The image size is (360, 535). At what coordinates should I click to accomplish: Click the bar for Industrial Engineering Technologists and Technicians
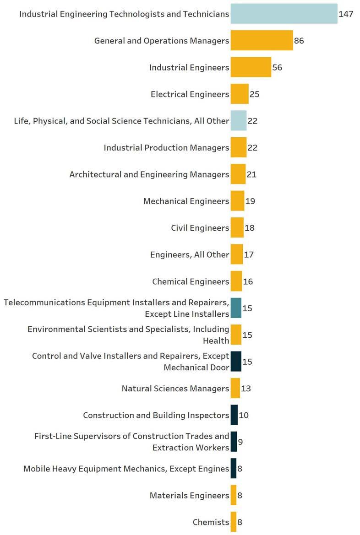click(284, 14)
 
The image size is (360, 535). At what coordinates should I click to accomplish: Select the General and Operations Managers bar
click(262, 41)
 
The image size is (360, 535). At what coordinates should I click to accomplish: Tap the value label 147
click(346, 14)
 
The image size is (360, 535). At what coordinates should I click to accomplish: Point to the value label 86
click(299, 41)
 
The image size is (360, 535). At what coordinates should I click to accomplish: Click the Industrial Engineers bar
click(251, 67)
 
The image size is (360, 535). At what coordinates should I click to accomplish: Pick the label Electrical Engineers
click(190, 94)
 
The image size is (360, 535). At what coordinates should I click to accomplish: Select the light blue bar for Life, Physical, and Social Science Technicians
click(238, 121)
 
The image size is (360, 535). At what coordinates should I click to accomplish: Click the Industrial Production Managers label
click(166, 148)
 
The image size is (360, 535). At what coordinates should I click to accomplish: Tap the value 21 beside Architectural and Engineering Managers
click(251, 174)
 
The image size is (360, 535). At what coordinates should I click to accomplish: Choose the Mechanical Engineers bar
click(237, 201)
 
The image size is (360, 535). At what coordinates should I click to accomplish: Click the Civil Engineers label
click(200, 228)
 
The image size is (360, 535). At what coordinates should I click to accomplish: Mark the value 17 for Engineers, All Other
click(249, 254)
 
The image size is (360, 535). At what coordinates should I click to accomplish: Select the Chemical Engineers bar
click(236, 281)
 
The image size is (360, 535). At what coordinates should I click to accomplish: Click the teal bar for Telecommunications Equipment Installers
click(236, 308)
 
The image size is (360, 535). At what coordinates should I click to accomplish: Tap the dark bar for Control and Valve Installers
click(236, 362)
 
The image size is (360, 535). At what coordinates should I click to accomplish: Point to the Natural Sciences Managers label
click(175, 389)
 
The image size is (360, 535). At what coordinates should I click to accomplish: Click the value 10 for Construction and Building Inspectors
click(244, 415)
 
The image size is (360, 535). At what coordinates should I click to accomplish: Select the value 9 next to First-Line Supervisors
click(240, 442)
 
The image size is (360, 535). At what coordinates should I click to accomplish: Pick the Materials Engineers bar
click(234, 495)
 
